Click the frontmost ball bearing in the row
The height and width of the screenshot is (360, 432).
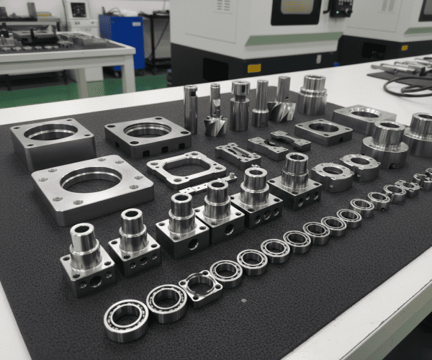pos(126,320)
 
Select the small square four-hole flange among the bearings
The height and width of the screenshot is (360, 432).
pos(201,288)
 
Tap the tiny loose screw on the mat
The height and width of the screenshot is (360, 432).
pos(243,301)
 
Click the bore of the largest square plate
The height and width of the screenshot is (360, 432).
pos(91,179)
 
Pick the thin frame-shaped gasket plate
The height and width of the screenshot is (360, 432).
pos(186,170)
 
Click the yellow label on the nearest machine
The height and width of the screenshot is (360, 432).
pos(253,68)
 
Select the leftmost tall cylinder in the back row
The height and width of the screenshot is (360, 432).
pos(191,108)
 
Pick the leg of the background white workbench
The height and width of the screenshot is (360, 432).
pos(130,75)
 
